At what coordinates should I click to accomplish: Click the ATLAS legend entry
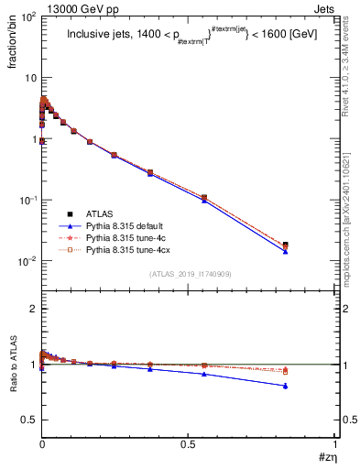click(101, 213)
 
